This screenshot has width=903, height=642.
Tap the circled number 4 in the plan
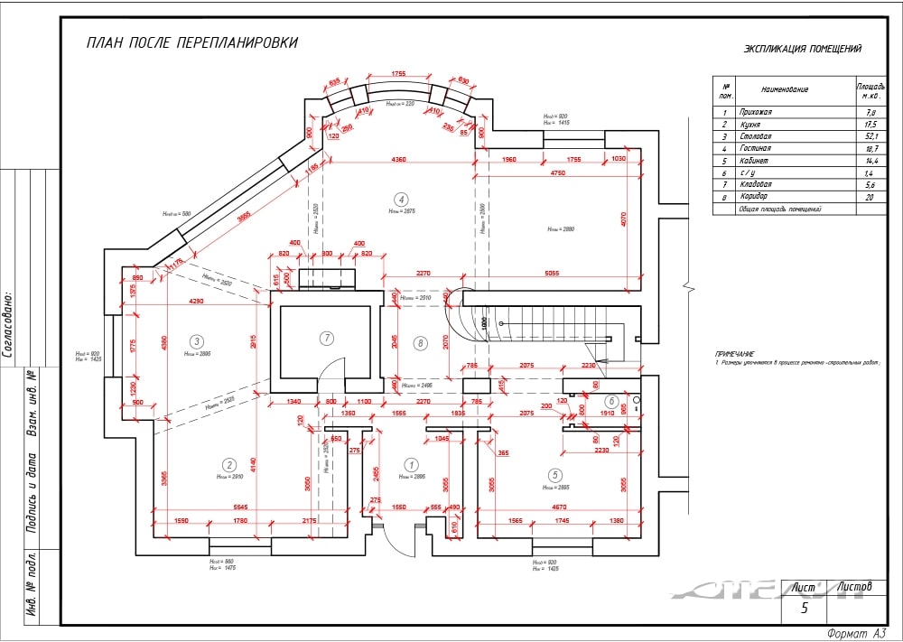click(x=402, y=199)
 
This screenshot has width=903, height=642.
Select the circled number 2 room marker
click(x=229, y=463)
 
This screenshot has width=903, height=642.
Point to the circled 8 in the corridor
click(x=419, y=342)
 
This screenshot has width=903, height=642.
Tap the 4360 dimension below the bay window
click(x=397, y=160)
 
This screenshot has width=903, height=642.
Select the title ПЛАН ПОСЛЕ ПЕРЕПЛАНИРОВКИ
click(x=191, y=42)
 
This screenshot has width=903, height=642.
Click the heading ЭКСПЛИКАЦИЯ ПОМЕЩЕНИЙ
click(x=802, y=49)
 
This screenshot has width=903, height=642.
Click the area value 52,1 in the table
click(x=869, y=136)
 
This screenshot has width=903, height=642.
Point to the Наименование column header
click(x=785, y=89)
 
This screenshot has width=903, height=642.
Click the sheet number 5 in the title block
click(x=804, y=608)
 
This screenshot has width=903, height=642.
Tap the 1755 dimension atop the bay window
click(x=397, y=73)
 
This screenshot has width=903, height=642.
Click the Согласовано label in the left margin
click(x=9, y=324)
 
